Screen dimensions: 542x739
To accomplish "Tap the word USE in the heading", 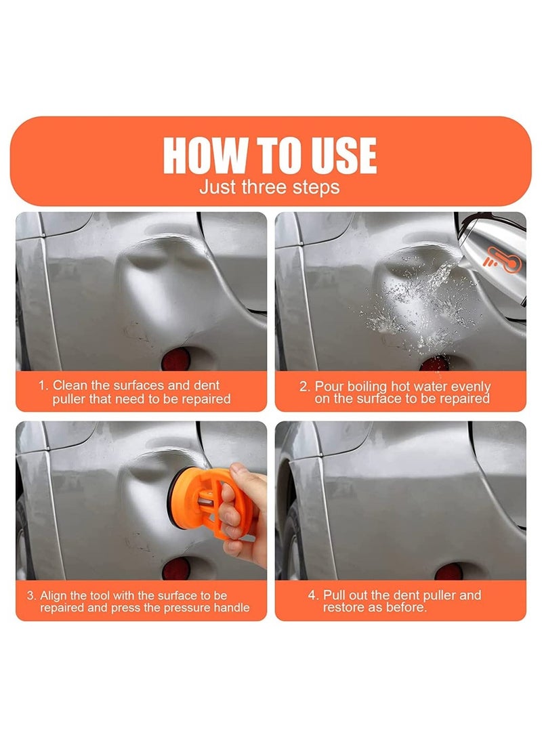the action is pyautogui.click(x=343, y=156).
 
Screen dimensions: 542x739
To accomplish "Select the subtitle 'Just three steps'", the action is pyautogui.click(x=269, y=187).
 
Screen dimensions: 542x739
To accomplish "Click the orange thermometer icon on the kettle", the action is pyautogui.click(x=503, y=259).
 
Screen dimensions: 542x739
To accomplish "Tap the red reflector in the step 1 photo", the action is pyautogui.click(x=175, y=360).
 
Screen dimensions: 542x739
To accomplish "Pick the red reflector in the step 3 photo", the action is pyautogui.click(x=175, y=569).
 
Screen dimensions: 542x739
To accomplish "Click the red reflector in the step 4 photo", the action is pyautogui.click(x=449, y=571).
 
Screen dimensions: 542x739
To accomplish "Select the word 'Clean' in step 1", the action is pyautogui.click(x=70, y=385).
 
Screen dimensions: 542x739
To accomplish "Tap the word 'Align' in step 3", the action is pyautogui.click(x=54, y=595).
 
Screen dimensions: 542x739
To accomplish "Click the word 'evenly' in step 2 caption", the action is pyautogui.click(x=471, y=387).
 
